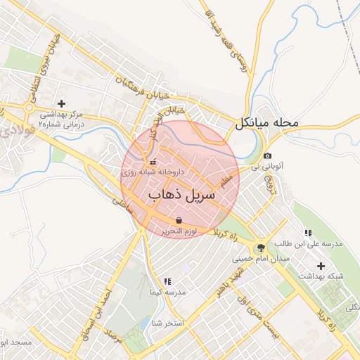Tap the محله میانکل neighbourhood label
pos(268,122)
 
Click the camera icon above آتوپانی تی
pos(267,155)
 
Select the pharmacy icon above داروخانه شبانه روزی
pos(153,163)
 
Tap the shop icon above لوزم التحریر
pos(179,221)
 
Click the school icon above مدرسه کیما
pos(167,281)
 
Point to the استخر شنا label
pos(166,323)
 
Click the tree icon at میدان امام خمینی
pos(262,247)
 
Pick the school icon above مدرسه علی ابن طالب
pos(307,233)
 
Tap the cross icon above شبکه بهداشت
pos(321,266)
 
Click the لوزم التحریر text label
pos(179,231)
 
